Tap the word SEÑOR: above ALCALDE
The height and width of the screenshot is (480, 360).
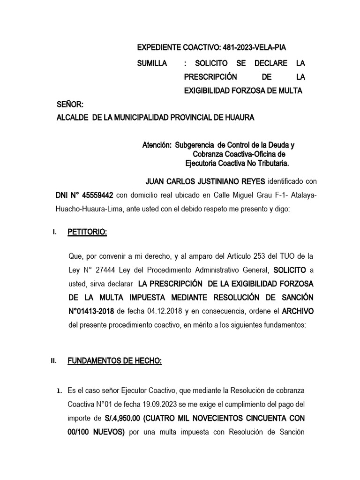[x=70, y=104]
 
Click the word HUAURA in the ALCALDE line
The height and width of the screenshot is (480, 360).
[x=239, y=118]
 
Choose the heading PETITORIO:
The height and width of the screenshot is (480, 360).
[x=87, y=232]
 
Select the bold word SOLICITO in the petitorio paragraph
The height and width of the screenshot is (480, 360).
[x=290, y=270]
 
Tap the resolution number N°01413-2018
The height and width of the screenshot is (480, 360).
[x=92, y=311]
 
